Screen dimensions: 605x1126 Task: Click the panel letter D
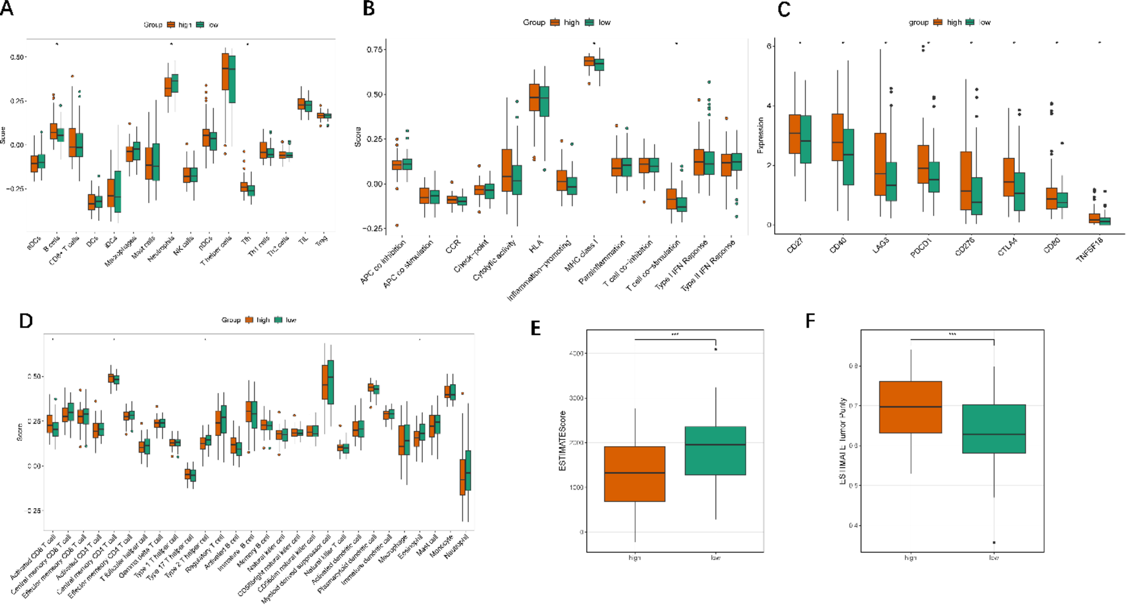[x=25, y=321]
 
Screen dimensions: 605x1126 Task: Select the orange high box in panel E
[x=635, y=474]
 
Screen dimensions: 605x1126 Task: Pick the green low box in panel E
[x=715, y=450]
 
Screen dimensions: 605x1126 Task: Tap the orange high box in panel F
[x=910, y=407]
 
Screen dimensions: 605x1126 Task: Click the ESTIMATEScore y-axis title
[x=562, y=441]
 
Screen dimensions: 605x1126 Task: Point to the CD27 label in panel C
[x=795, y=246]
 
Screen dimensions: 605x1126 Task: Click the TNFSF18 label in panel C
[x=1089, y=250]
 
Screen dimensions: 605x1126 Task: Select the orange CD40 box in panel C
[x=837, y=137]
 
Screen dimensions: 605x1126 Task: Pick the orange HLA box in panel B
[x=535, y=97]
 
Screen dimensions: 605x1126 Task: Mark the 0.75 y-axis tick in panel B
[x=374, y=50]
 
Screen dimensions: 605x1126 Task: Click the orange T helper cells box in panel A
[x=225, y=71]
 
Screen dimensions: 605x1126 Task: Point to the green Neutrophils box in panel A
[x=174, y=83]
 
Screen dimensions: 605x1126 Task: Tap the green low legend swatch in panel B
[x=590, y=22]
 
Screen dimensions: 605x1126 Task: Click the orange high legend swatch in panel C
[x=938, y=22]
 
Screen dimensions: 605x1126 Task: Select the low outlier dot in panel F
[x=994, y=542]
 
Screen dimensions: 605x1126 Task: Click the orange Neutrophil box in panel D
[x=462, y=477]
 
